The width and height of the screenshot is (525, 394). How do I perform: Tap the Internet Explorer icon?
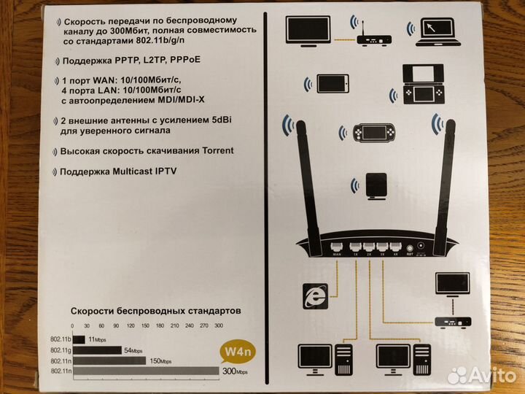[316, 295]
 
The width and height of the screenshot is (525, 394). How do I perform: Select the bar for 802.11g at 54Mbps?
[97, 350]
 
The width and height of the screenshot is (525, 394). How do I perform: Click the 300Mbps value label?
[235, 371]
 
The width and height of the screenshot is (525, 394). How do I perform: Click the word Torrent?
[213, 151]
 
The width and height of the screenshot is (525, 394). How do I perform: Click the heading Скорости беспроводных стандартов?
[155, 311]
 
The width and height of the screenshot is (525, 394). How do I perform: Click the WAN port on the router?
[337, 247]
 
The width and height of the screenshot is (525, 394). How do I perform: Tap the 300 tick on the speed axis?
[219, 325]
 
